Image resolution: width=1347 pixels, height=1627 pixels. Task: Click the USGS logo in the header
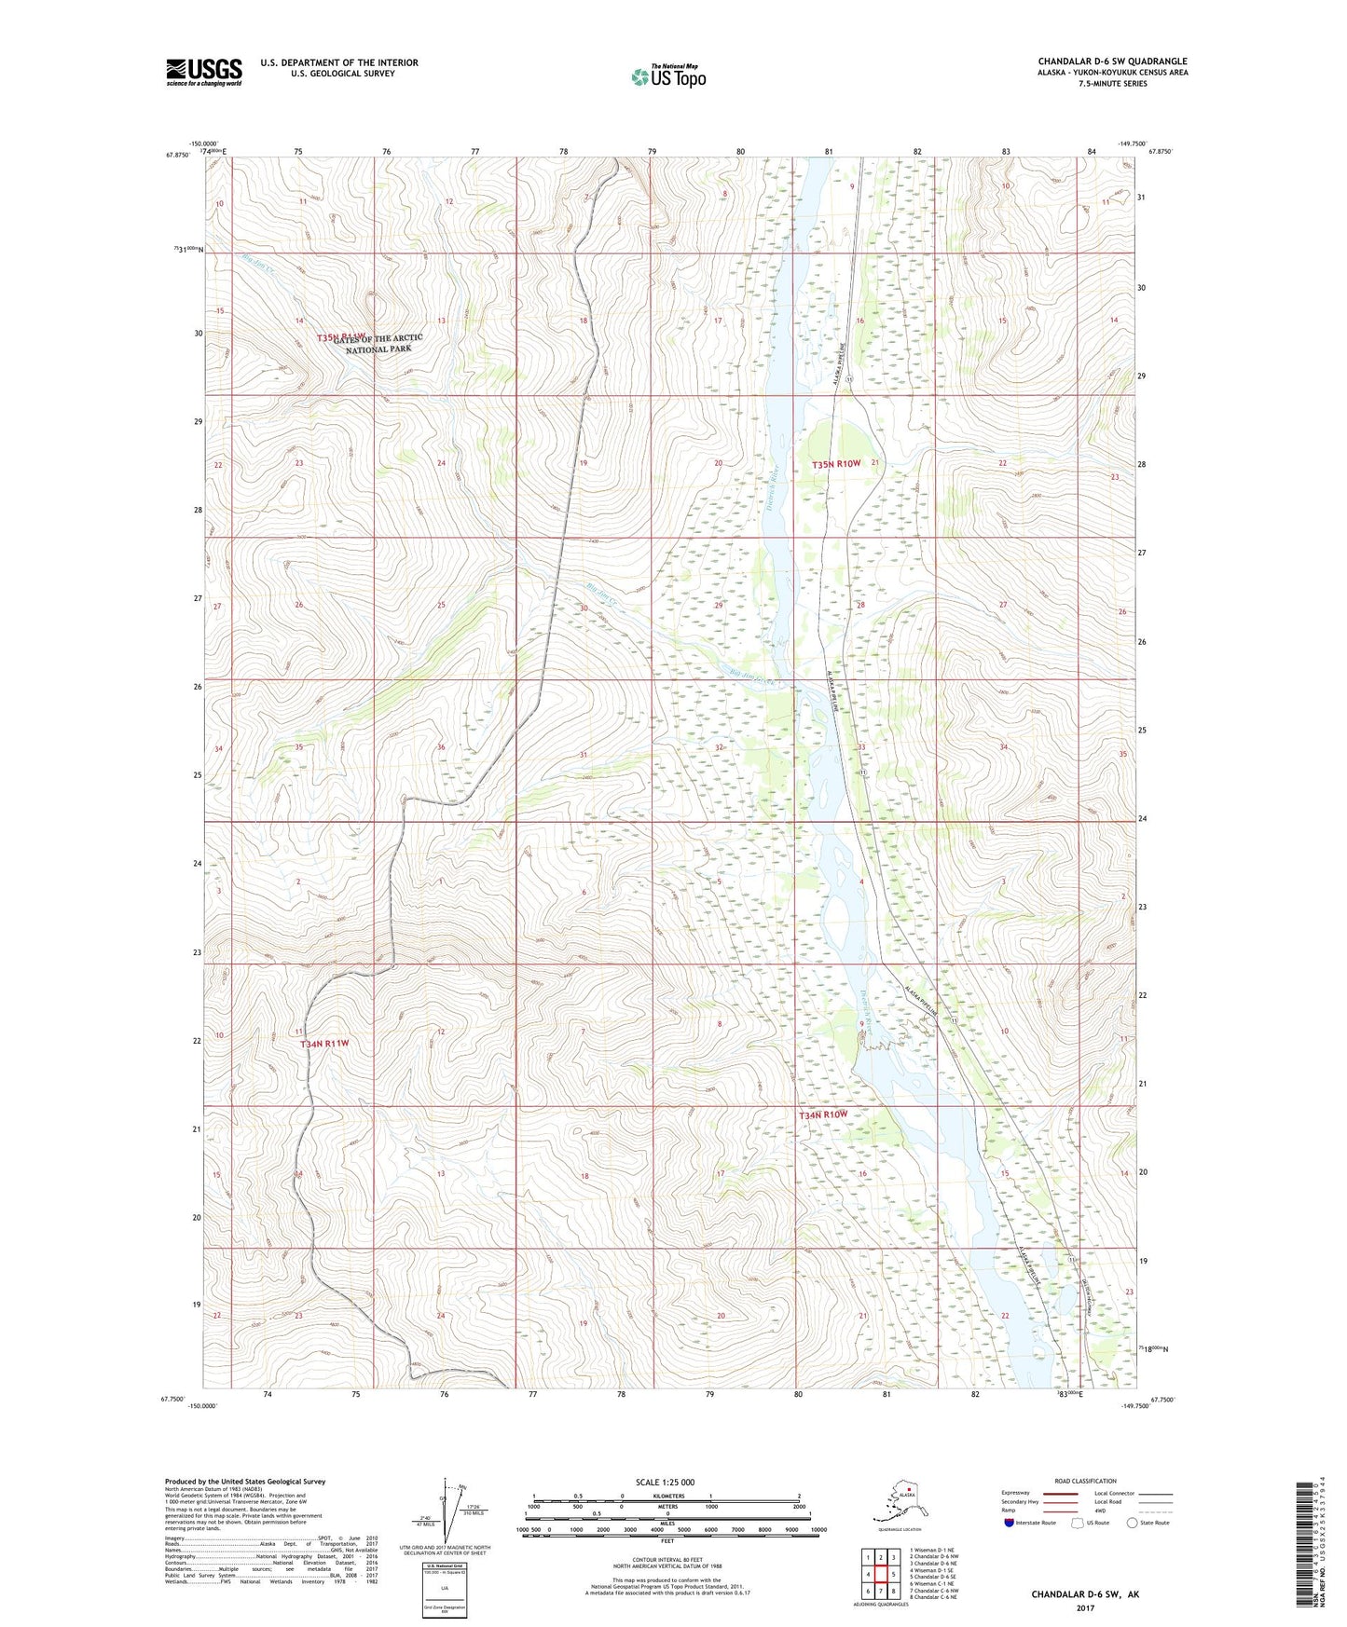[x=203, y=72]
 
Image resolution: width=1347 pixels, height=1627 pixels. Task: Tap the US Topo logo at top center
[x=667, y=76]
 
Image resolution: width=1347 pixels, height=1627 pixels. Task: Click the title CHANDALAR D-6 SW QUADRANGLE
[x=1112, y=62]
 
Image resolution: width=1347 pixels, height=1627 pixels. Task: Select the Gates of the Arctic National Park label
[x=378, y=343]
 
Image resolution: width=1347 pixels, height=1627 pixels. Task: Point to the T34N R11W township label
[x=324, y=1044]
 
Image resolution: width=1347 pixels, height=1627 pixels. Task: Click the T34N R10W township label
[x=823, y=1114]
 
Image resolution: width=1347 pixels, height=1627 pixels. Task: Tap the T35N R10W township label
[x=835, y=463]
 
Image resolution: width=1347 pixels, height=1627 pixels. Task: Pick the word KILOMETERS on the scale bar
[x=665, y=1497]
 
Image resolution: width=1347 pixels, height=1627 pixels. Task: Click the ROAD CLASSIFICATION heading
[x=1085, y=1481]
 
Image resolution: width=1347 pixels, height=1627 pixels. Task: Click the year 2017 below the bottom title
[x=1085, y=1607]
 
